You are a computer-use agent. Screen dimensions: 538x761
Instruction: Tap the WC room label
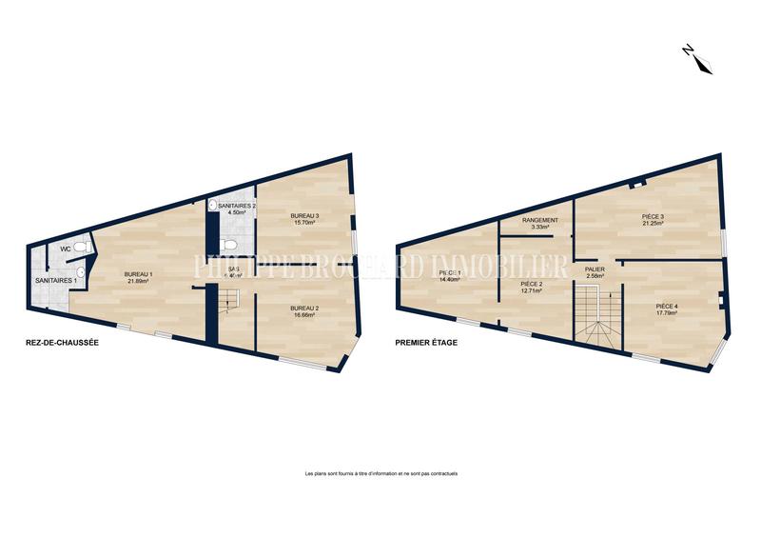(x=66, y=249)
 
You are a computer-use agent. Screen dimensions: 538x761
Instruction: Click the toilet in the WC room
(x=83, y=248)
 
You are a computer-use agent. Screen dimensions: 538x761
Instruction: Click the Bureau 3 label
(x=304, y=216)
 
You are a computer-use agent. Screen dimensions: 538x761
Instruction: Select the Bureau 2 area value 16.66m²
(x=304, y=315)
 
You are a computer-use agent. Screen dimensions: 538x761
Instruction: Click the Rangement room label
(x=540, y=220)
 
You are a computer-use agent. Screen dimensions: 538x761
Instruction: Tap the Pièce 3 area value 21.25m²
(x=653, y=225)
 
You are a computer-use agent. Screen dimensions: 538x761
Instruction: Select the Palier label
(x=595, y=269)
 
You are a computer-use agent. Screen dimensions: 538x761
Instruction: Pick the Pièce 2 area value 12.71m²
(x=532, y=291)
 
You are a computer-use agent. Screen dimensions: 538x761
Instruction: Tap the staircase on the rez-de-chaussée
(x=226, y=305)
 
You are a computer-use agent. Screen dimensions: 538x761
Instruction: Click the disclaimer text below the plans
(x=380, y=473)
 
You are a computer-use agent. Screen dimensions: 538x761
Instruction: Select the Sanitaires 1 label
(x=49, y=281)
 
